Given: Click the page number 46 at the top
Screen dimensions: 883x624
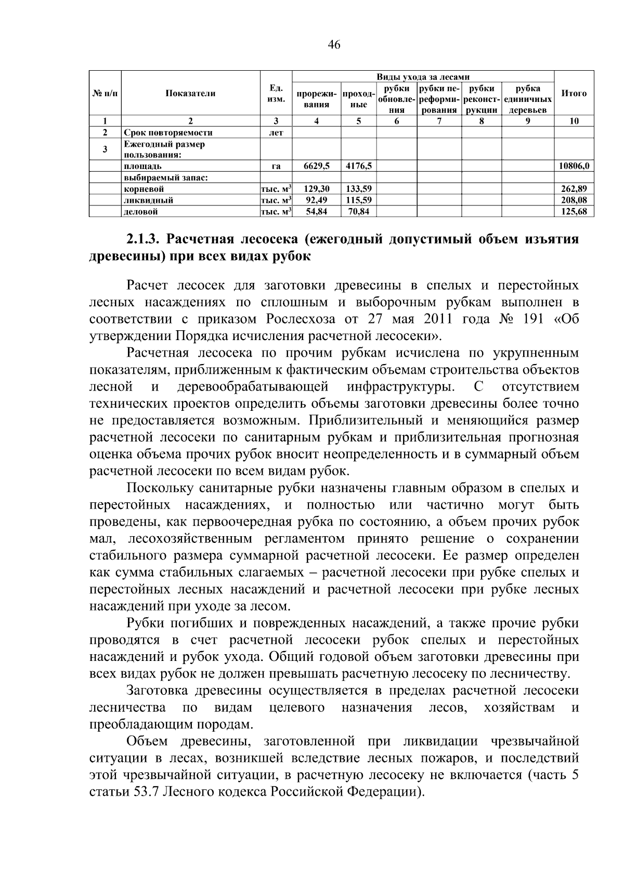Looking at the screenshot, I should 334,45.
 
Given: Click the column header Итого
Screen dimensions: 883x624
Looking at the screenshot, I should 574,94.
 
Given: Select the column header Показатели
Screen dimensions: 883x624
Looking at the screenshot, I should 190,94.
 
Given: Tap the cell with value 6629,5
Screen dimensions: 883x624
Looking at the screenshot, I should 316,166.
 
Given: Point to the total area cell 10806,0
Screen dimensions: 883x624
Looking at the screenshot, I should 574,166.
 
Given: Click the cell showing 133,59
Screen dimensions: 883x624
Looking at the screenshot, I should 358,189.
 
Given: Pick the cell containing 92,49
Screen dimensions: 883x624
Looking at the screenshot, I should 316,200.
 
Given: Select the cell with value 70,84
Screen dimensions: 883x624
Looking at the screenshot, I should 358,212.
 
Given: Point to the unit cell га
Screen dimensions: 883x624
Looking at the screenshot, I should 276,166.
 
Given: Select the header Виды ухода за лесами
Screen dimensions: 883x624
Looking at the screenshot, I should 423,77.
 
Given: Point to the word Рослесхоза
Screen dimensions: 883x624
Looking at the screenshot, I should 304,319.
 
